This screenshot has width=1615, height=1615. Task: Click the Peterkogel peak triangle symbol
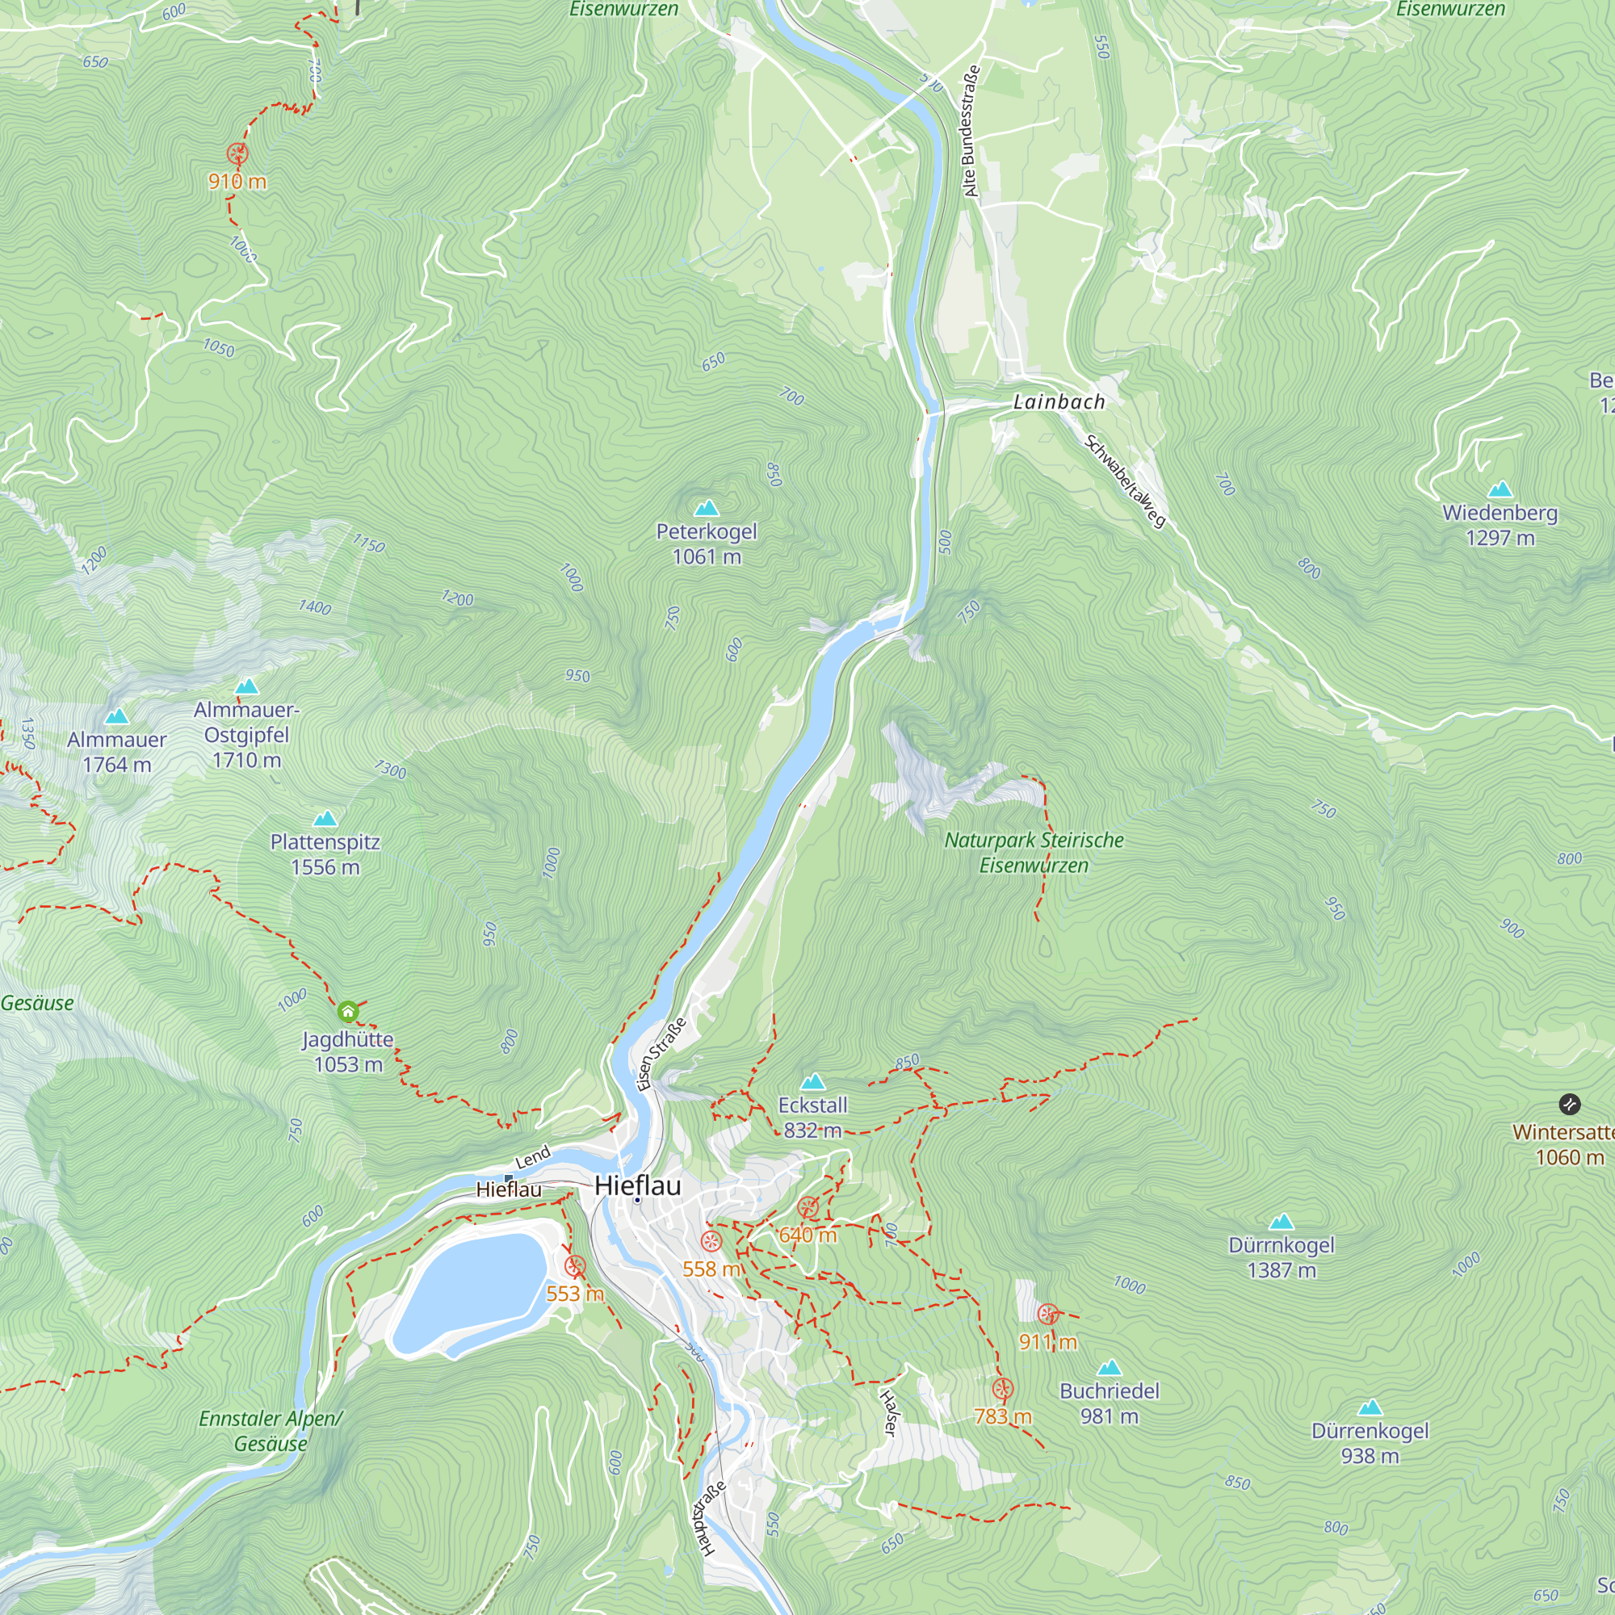pyautogui.click(x=707, y=508)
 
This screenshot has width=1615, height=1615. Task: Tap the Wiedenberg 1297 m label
pyautogui.click(x=1500, y=525)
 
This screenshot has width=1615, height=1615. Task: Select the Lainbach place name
pyautogui.click(x=1059, y=402)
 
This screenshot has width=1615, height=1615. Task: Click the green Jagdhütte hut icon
pyautogui.click(x=348, y=1013)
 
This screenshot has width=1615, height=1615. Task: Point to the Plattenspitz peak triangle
pyautogui.click(x=325, y=819)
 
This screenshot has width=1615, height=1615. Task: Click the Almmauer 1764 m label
pyautogui.click(x=117, y=752)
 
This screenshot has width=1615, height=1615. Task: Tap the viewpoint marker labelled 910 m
pyautogui.click(x=237, y=153)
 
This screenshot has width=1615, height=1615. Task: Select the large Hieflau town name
pyautogui.click(x=638, y=1185)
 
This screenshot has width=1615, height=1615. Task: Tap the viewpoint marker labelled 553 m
pyautogui.click(x=574, y=1265)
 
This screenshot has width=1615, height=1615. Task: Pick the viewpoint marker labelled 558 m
pyautogui.click(x=711, y=1240)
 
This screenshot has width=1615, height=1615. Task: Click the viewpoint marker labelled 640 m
pyautogui.click(x=807, y=1207)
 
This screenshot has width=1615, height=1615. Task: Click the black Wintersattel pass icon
pyautogui.click(x=1570, y=1104)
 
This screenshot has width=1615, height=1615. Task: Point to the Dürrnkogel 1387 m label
pyautogui.click(x=1281, y=1257)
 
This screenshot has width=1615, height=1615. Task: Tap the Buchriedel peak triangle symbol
pyautogui.click(x=1109, y=1369)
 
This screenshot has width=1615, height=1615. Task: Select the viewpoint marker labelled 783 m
pyautogui.click(x=1003, y=1389)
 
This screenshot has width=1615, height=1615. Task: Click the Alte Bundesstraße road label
pyautogui.click(x=969, y=132)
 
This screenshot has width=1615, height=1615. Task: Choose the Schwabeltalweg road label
pyautogui.click(x=1124, y=481)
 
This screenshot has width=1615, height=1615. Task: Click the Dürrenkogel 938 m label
pyautogui.click(x=1370, y=1443)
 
